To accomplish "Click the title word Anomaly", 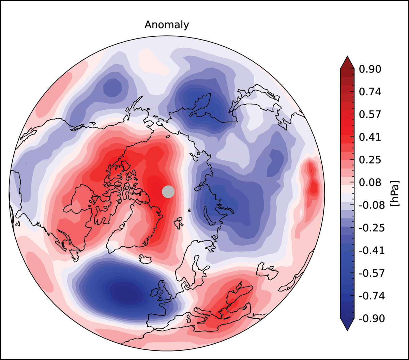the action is pos(167,25).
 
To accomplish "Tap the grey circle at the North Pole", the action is pos(168,192).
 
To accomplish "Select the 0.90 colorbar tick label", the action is pos(370,69).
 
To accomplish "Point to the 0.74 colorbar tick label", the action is pos(370,92).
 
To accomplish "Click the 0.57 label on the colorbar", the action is pos(370,114).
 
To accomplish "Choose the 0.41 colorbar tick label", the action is pos(370,137).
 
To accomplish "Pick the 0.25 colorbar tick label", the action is pos(370,160).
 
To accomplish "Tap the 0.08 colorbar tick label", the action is pos(370,183).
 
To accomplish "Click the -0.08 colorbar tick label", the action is pos(372,205).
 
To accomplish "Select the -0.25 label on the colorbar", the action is pos(372,228).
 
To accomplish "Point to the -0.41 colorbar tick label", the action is pos(372,251).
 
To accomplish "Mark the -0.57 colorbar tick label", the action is pos(372,273).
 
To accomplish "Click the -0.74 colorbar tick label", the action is pos(372,296).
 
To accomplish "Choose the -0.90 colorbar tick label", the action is pos(372,319).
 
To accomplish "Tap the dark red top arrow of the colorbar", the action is pos(347,63).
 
